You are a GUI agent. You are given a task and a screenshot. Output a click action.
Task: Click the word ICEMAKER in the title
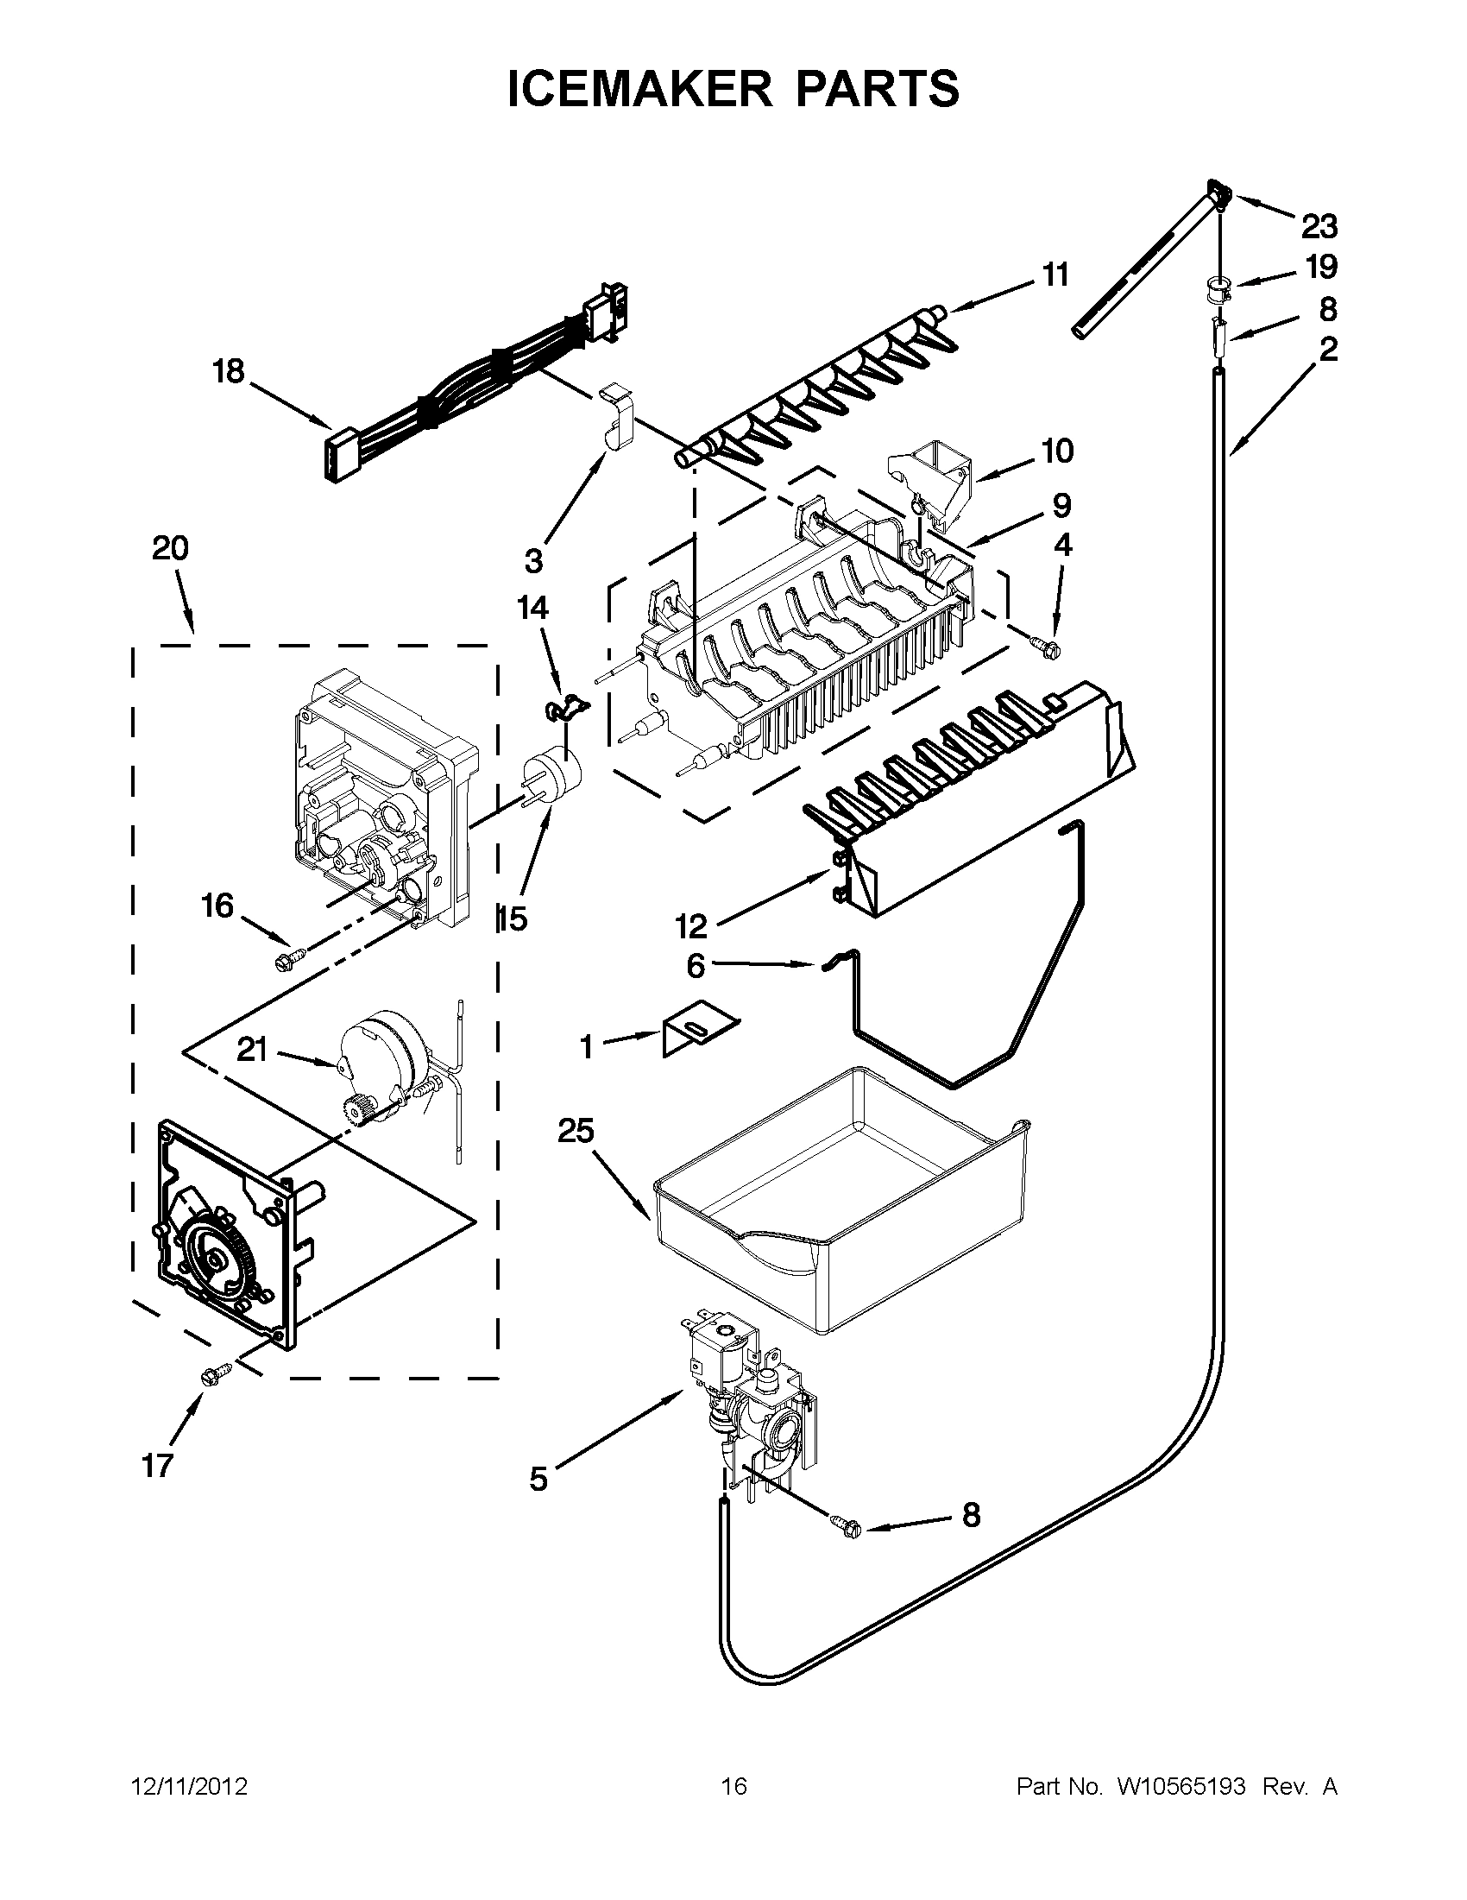point(636,89)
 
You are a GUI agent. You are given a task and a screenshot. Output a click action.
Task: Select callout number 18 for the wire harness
point(230,372)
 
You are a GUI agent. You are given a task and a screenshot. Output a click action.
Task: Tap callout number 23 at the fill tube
point(1319,228)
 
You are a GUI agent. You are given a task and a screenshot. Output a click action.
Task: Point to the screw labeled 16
point(288,958)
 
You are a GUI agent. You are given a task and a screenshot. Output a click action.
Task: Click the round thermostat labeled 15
point(551,774)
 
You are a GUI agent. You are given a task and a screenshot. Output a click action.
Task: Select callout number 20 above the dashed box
point(170,549)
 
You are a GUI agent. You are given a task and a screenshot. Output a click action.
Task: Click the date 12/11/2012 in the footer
point(189,1786)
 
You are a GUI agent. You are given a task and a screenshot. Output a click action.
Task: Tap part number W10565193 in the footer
point(1181,1786)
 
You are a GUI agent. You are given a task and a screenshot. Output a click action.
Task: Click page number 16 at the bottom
point(734,1786)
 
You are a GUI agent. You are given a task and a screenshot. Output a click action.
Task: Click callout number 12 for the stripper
point(691,927)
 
